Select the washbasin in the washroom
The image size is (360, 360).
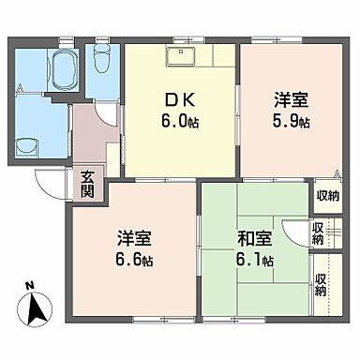point(26,145)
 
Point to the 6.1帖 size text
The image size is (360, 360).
point(256,260)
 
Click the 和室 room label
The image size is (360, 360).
point(254,239)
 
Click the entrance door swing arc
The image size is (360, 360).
point(49,183)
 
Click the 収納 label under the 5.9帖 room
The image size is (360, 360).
point(326,196)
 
